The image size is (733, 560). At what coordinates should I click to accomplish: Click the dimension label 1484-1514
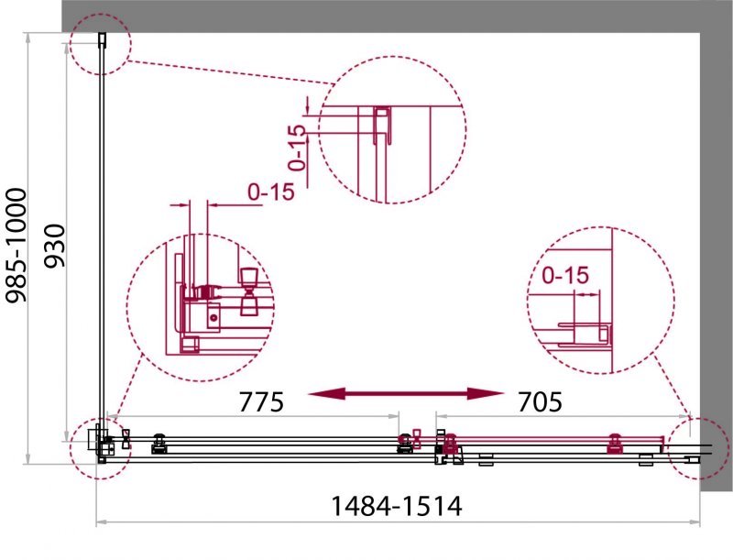397,506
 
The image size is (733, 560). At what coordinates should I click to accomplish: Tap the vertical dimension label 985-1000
16,245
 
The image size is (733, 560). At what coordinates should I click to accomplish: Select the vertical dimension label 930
54,246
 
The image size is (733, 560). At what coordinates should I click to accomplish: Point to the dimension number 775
261,401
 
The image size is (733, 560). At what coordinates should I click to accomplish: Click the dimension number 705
540,401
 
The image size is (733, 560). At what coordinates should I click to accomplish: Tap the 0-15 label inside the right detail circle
564,275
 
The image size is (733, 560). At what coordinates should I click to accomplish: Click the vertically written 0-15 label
297,148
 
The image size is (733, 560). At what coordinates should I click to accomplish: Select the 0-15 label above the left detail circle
271,192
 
